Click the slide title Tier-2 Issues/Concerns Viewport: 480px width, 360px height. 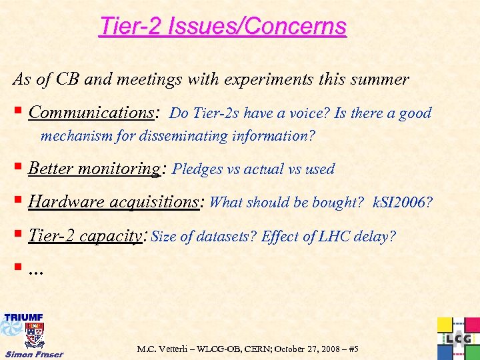tap(223, 27)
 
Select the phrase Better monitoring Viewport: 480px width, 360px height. tap(93, 169)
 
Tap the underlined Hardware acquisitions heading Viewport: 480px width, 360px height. tap(115, 202)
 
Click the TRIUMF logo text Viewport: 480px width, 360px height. tap(24, 317)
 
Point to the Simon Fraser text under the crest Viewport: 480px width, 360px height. tap(34, 353)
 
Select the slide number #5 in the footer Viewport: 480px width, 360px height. tap(353, 349)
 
